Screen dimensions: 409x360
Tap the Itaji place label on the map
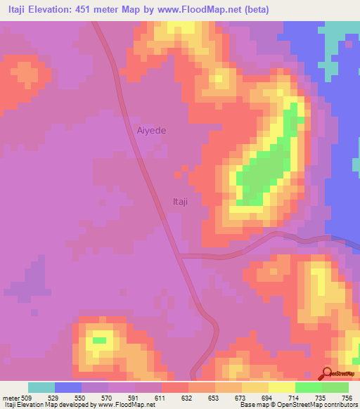(180, 202)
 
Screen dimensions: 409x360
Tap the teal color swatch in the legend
(41, 387)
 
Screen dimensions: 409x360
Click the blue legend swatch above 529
(68, 387)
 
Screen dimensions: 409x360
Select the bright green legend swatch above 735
(309, 387)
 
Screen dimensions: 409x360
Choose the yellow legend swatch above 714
(282, 387)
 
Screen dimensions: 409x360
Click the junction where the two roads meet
(181, 257)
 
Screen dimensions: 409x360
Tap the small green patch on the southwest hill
(99, 341)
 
